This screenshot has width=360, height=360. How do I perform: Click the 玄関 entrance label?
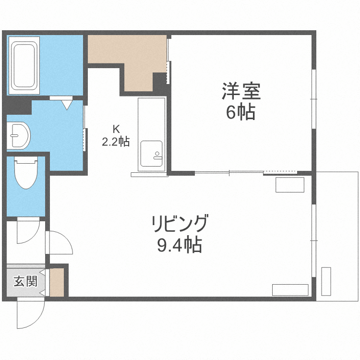coord(25,281)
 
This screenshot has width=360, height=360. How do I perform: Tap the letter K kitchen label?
coord(115,129)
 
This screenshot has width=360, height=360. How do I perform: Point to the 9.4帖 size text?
coord(180,245)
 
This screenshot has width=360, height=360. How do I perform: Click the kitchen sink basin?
coord(152,151)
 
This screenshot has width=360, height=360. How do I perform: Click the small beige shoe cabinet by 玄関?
coord(57,282)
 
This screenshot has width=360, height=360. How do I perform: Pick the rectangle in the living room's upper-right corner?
coord(290,185)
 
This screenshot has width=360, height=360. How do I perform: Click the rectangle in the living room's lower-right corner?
coord(290,289)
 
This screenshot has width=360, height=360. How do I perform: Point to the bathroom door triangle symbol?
coord(66,103)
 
